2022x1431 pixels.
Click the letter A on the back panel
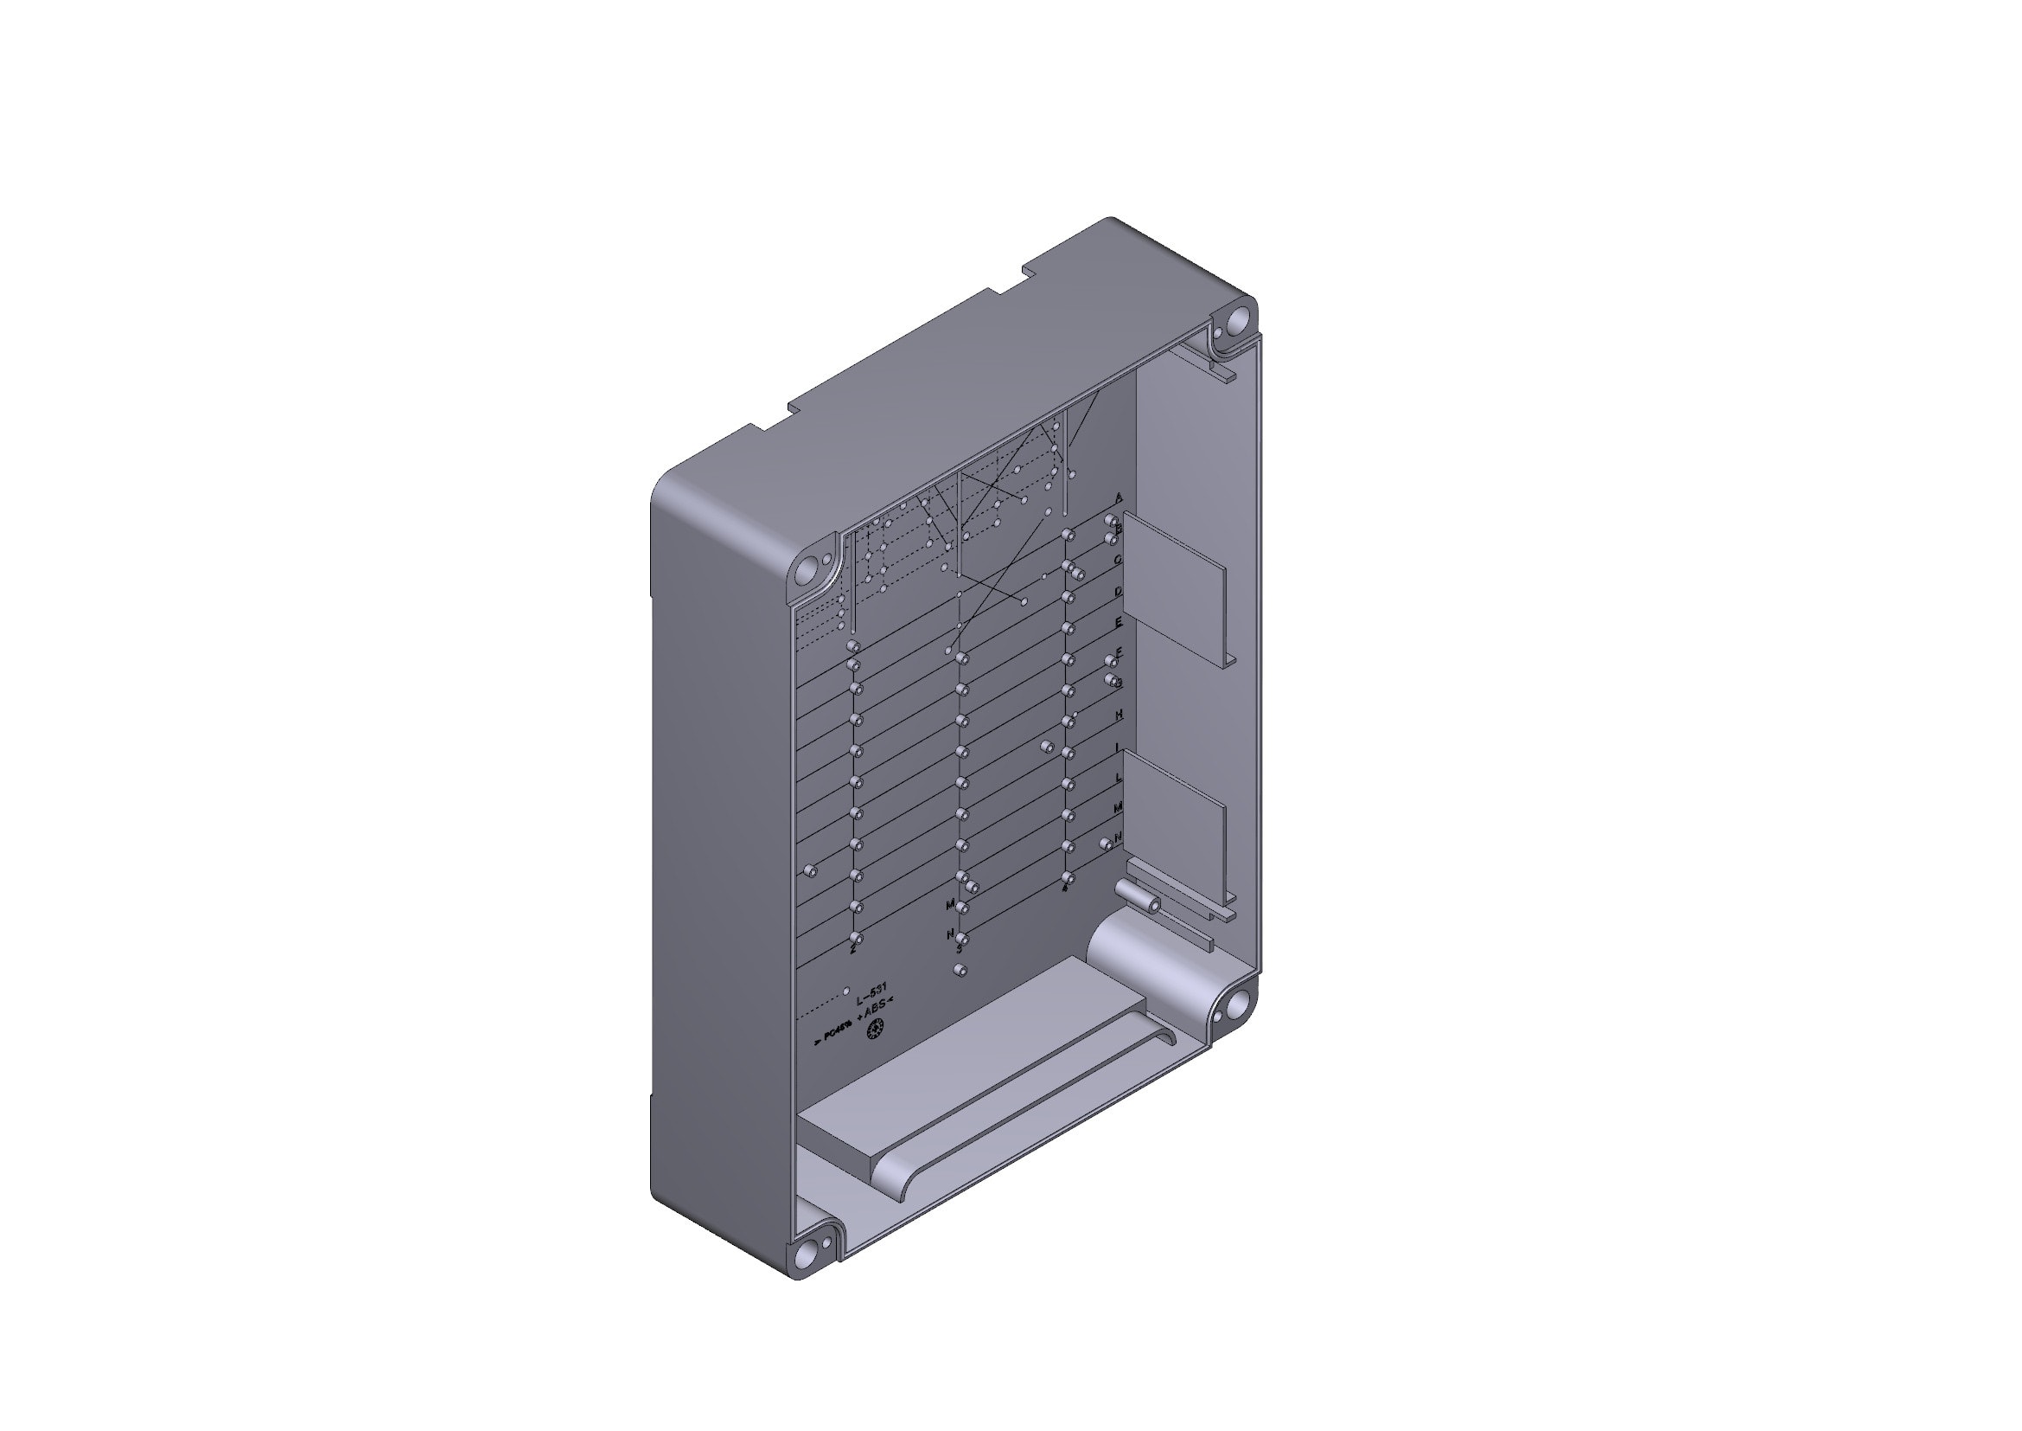[1119, 497]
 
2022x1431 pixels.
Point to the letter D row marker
[1119, 591]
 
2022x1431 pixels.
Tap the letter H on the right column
[1119, 715]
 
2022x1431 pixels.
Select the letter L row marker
[1119, 778]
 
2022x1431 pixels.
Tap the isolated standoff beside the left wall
[811, 871]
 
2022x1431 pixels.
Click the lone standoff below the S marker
[960, 970]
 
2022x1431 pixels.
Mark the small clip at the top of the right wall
[1226, 374]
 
